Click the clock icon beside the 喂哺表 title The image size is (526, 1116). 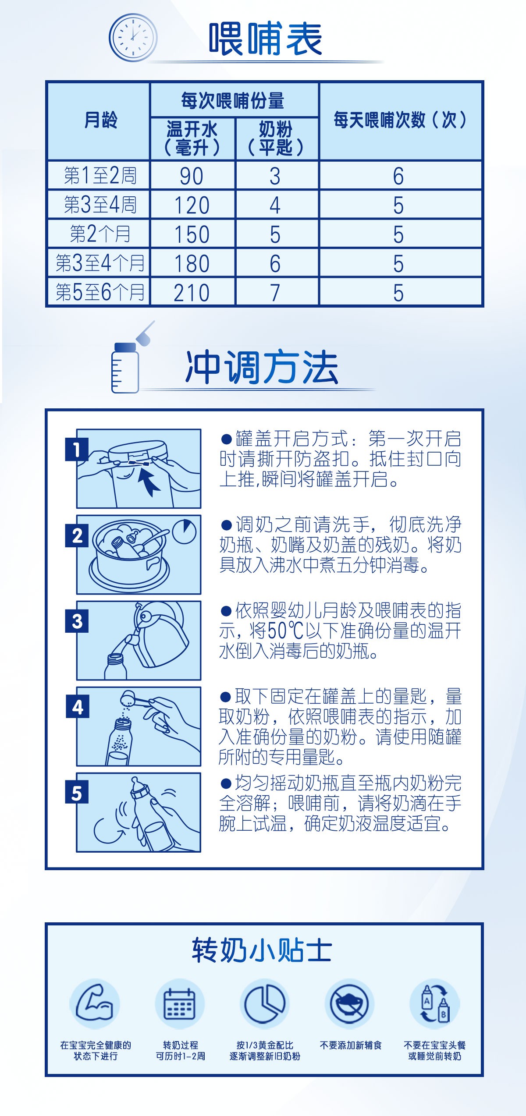click(x=133, y=37)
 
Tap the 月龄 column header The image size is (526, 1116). click(x=101, y=120)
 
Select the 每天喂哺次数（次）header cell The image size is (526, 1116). click(x=400, y=120)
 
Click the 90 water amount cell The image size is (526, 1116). click(x=192, y=176)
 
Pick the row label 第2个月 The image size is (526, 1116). click(x=100, y=234)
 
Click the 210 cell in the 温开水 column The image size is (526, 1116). click(x=192, y=293)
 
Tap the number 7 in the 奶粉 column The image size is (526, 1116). click(x=275, y=293)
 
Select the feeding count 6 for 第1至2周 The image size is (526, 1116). click(x=398, y=176)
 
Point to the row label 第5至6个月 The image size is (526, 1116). click(x=100, y=292)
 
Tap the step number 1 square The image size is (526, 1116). click(x=77, y=450)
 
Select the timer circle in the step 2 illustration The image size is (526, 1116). click(x=184, y=531)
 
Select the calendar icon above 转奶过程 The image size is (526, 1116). click(x=179, y=1004)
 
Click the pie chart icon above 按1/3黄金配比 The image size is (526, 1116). click(x=264, y=1004)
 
